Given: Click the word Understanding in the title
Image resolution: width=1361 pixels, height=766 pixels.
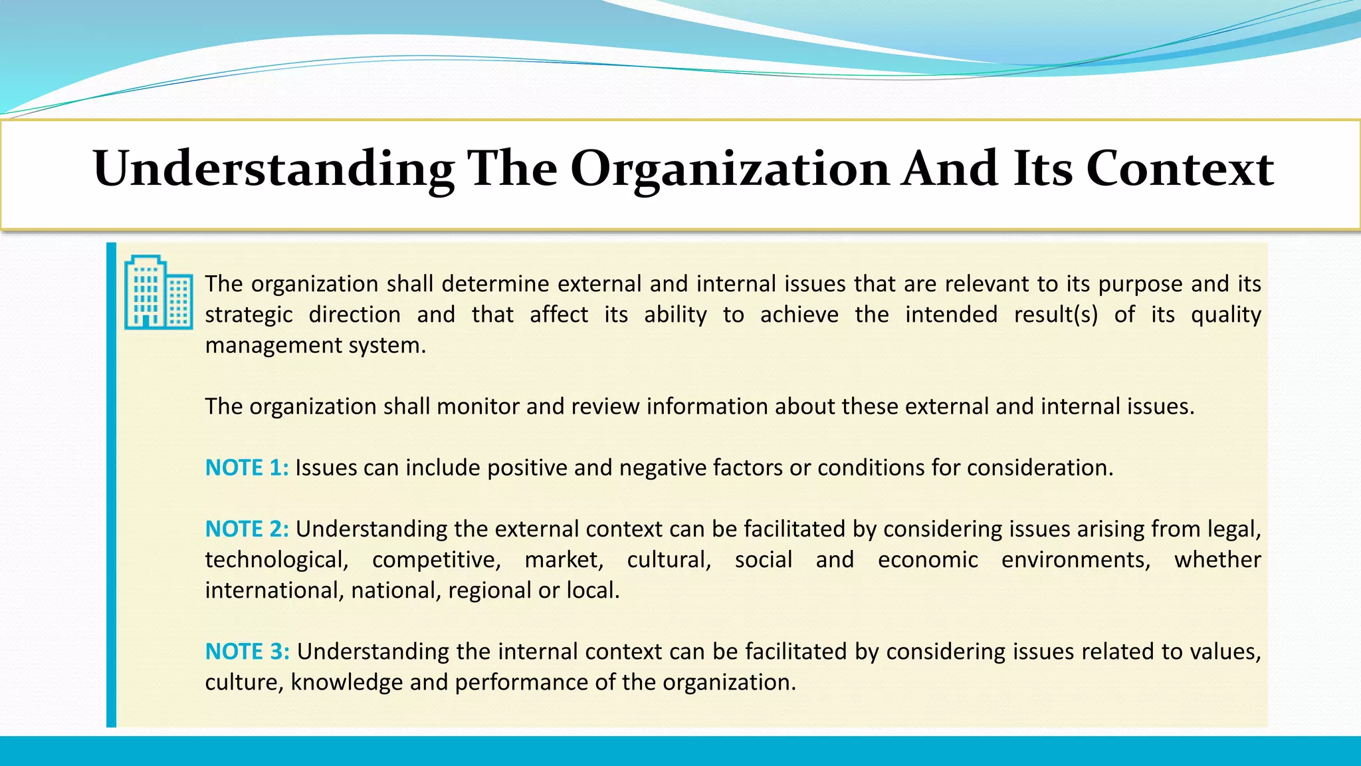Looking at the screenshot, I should click(x=273, y=170).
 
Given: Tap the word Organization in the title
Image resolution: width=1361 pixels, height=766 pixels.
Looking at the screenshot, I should click(x=729, y=170).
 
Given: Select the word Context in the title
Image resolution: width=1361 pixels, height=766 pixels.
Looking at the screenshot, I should click(x=1180, y=168).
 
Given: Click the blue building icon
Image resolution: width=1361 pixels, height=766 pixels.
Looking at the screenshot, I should click(x=158, y=292).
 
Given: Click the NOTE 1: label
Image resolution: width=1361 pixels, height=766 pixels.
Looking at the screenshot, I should click(x=247, y=467).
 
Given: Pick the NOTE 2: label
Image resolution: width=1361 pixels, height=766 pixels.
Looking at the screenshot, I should click(x=247, y=529).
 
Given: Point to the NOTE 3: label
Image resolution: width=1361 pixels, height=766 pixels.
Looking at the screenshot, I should click(x=247, y=651).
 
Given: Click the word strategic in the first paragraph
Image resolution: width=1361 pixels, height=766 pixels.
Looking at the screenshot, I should click(x=249, y=315).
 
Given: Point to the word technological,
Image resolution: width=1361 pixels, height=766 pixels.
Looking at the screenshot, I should click(x=276, y=560).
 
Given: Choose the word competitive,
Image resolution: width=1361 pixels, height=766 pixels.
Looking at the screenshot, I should click(x=437, y=560).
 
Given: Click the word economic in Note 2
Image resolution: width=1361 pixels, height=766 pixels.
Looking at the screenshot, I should click(x=928, y=560).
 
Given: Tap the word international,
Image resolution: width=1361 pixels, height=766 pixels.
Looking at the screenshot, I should click(x=274, y=590).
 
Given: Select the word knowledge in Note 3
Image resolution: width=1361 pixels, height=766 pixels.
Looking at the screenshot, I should click(x=347, y=682).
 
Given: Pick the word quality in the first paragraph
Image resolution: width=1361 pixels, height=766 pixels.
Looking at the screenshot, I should click(x=1225, y=315).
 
